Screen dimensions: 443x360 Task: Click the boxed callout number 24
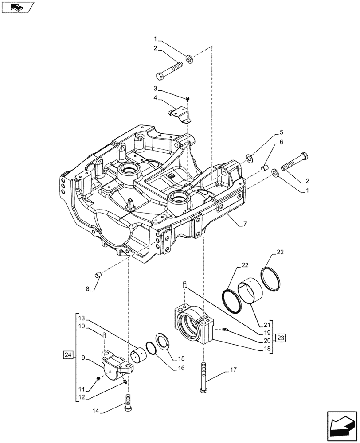(68, 354)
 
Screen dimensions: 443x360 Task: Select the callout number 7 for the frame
(245, 225)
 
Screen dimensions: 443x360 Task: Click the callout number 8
(88, 289)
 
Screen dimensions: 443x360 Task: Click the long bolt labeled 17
(203, 377)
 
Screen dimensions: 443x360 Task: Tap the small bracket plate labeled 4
(180, 114)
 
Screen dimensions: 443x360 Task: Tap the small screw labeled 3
(188, 99)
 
